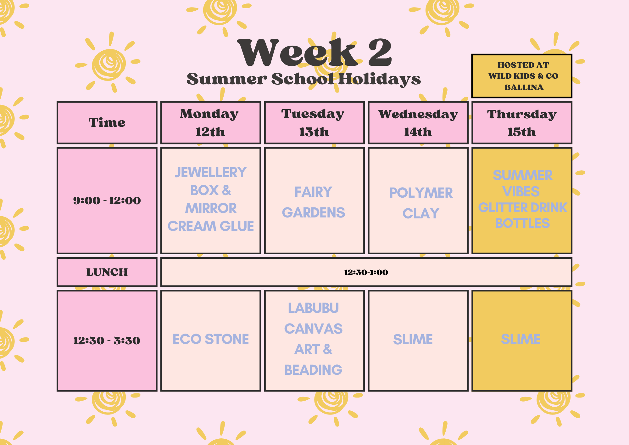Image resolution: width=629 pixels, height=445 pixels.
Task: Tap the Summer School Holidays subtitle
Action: click(x=303, y=79)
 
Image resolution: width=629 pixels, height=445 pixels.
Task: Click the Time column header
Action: click(x=107, y=122)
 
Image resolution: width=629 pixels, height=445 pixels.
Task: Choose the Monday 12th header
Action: click(x=210, y=122)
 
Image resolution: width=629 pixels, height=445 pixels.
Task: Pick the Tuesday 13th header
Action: click(x=314, y=122)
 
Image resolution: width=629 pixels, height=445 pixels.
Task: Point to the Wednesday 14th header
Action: click(x=418, y=122)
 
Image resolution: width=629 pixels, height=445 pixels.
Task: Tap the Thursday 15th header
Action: click(x=522, y=122)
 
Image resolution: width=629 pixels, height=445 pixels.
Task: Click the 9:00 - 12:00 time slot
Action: click(x=107, y=200)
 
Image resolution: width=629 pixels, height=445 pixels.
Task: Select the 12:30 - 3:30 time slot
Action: click(x=107, y=341)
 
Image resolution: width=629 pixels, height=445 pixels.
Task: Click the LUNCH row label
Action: click(x=107, y=272)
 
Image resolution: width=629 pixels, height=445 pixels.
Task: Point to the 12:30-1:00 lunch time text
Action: click(x=366, y=272)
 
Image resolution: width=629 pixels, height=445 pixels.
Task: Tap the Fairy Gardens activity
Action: click(x=314, y=202)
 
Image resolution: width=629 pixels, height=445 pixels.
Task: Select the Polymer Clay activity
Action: click(x=421, y=203)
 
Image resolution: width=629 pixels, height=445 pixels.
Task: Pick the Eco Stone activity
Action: click(x=210, y=339)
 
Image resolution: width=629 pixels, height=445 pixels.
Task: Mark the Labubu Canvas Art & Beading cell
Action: click(x=314, y=339)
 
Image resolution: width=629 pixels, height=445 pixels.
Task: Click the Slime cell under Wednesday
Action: click(x=413, y=340)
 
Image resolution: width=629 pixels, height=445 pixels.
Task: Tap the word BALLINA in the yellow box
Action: click(x=524, y=87)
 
